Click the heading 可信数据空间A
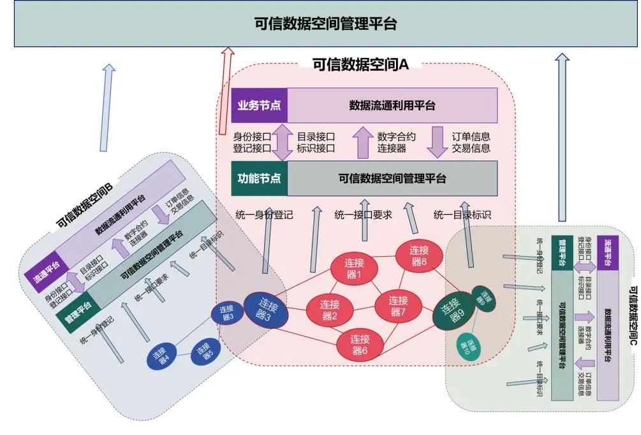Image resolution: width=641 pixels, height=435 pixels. (x=360, y=64)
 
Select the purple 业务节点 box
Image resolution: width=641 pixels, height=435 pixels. (x=259, y=105)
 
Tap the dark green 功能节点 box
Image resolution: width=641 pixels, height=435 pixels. (x=259, y=178)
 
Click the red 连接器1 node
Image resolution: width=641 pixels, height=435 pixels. (x=353, y=268)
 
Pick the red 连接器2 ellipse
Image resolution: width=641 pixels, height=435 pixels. (x=329, y=310)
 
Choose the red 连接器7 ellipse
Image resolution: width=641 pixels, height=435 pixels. (x=398, y=306)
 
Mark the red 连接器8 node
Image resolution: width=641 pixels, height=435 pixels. (x=418, y=255)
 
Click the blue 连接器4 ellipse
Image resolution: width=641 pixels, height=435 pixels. (x=163, y=357)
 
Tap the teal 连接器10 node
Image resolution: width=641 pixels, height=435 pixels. (x=472, y=346)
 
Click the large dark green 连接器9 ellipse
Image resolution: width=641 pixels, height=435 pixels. (x=454, y=310)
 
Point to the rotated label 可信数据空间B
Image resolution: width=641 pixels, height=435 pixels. (x=85, y=205)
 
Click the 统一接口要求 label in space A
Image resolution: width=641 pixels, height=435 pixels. (x=363, y=215)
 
